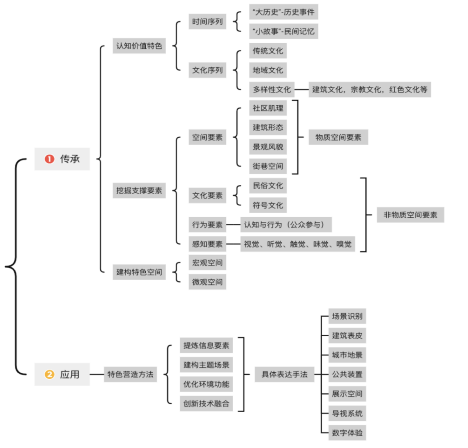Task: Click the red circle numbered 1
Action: (x=49, y=159)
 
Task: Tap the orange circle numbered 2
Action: (x=49, y=375)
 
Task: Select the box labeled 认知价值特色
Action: (x=139, y=46)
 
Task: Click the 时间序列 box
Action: (x=207, y=22)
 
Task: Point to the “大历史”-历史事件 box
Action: (x=283, y=12)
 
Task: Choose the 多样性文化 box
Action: (x=272, y=89)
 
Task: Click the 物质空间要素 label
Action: (x=338, y=137)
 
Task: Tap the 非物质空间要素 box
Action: (x=410, y=215)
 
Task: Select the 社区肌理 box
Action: (x=268, y=108)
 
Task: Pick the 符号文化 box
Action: (x=268, y=205)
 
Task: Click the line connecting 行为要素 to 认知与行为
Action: (x=233, y=225)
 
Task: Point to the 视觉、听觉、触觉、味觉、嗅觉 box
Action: (x=297, y=244)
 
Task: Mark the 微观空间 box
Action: (x=207, y=282)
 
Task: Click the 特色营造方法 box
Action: (x=130, y=375)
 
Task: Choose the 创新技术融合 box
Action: (x=206, y=404)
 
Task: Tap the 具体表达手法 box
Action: (x=284, y=375)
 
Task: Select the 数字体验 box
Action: (x=347, y=433)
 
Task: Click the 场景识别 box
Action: (x=347, y=316)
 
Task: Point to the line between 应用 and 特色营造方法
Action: (x=97, y=375)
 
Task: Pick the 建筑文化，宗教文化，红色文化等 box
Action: (x=369, y=89)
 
